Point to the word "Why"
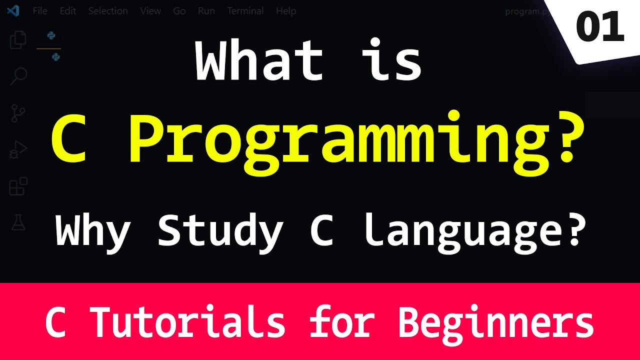(x=93, y=231)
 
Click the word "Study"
(x=220, y=231)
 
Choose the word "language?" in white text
(x=472, y=231)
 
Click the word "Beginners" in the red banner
(x=496, y=322)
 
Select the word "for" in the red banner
(x=341, y=322)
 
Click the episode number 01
(x=600, y=27)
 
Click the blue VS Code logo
(x=13, y=11)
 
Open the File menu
(x=40, y=11)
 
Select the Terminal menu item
(x=245, y=11)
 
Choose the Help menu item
(x=286, y=11)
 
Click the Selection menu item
(x=108, y=11)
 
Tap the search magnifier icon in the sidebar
(x=18, y=76)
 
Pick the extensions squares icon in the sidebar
(x=18, y=186)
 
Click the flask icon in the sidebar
(x=18, y=222)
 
